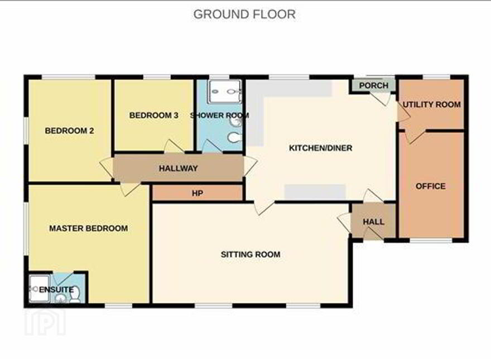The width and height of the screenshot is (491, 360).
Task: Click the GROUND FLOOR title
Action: (x=244, y=15)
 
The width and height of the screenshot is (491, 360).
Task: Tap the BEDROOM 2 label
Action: (x=69, y=131)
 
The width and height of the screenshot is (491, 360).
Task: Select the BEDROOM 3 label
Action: (x=154, y=116)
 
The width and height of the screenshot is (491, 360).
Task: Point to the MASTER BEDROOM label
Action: (x=88, y=228)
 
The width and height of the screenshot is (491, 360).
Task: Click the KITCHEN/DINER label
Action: (x=320, y=148)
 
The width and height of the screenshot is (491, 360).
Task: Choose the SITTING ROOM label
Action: (x=250, y=255)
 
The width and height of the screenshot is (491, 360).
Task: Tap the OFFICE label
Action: (x=431, y=186)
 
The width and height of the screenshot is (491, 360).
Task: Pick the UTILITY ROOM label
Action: (x=431, y=104)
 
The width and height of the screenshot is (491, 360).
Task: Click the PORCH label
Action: (x=374, y=85)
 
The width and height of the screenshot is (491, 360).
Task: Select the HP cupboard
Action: (x=198, y=193)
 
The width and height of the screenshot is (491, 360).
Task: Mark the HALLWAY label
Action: (x=178, y=168)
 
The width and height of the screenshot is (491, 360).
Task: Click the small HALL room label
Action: (x=374, y=222)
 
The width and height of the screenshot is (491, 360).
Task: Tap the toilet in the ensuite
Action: (x=75, y=294)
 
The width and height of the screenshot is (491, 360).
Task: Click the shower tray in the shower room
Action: (x=225, y=92)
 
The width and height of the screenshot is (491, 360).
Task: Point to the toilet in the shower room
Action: (x=234, y=137)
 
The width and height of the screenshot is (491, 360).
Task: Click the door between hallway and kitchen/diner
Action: (x=250, y=166)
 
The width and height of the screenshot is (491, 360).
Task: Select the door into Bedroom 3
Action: (x=174, y=147)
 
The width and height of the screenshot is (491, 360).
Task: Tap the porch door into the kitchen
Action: (x=384, y=99)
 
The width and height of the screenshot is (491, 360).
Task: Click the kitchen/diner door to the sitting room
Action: (x=264, y=208)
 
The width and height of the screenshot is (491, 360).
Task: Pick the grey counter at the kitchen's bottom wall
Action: (x=315, y=192)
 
